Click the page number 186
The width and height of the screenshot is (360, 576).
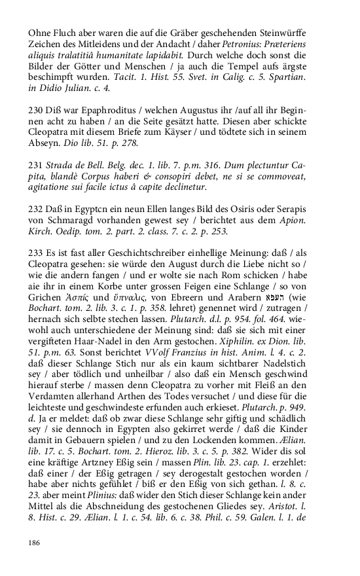pyautogui.click(x=33, y=543)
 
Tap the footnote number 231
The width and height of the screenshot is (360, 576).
pyautogui.click(x=35, y=165)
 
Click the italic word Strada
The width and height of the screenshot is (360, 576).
pyautogui.click(x=62, y=165)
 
